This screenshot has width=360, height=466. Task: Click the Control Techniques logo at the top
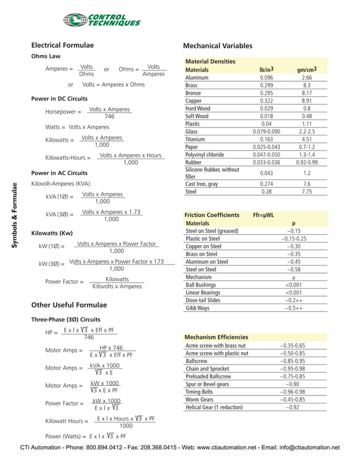[x=102, y=20]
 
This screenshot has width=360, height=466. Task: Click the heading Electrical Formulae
[x=62, y=45]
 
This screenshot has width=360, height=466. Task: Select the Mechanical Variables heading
[x=218, y=46]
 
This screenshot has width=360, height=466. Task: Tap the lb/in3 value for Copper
[x=266, y=100]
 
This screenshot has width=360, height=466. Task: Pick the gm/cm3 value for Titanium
[x=307, y=139]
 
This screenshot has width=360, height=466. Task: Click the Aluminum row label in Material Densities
[x=197, y=77]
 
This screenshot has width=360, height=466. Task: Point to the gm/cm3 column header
[x=307, y=70]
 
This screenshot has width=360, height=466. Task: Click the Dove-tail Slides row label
[x=203, y=301]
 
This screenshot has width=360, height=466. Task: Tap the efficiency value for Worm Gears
[x=292, y=399]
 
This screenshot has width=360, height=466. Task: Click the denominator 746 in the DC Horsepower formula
[x=109, y=116]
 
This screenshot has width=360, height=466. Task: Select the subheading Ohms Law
[x=46, y=56]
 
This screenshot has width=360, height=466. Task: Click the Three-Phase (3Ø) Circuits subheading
[x=65, y=319]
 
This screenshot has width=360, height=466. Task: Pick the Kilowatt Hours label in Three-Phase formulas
[x=67, y=421]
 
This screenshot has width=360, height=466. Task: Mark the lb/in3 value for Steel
[x=266, y=192]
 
